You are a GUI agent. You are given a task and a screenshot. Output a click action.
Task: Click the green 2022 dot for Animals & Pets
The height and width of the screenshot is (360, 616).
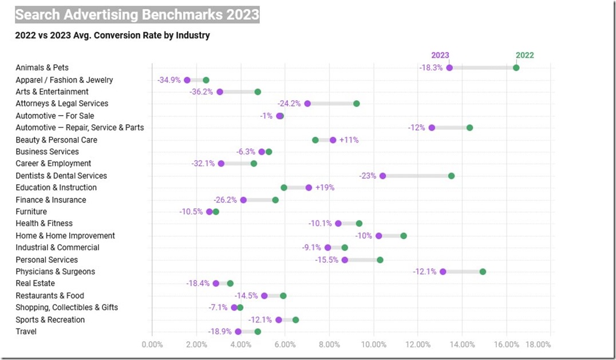(x=516, y=68)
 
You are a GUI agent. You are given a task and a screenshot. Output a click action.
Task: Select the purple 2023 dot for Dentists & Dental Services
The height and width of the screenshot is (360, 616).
(x=382, y=176)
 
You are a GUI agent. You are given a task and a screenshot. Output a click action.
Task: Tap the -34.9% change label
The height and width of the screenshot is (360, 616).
(x=168, y=80)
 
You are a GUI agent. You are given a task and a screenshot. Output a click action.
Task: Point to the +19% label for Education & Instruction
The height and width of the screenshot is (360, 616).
(x=325, y=188)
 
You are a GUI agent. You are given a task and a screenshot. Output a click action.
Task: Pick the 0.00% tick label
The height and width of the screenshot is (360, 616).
(x=152, y=345)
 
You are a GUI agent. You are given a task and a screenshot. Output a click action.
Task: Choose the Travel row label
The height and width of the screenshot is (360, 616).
(x=26, y=331)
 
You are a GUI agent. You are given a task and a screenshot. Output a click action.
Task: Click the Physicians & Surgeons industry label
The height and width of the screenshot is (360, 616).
(x=56, y=271)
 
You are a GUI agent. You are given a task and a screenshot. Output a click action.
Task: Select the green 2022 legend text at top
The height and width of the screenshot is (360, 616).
(x=524, y=56)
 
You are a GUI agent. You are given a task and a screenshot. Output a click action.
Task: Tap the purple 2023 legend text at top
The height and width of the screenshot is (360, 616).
(x=440, y=56)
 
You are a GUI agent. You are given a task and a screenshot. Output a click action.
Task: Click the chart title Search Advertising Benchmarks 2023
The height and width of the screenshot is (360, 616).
(x=137, y=14)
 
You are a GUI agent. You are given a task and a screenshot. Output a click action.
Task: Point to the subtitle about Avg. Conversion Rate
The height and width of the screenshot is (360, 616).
(x=113, y=35)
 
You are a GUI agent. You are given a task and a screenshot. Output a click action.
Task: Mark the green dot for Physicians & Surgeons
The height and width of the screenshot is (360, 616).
(x=483, y=271)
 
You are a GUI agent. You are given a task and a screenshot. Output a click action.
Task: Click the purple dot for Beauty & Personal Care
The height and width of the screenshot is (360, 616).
(x=333, y=140)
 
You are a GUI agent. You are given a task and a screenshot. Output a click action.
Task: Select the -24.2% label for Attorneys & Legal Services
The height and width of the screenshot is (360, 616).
(x=289, y=104)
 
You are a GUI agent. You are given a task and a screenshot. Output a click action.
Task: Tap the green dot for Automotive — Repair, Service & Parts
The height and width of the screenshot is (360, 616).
(x=469, y=128)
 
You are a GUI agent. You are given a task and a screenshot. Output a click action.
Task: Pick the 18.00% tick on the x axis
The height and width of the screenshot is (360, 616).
(x=538, y=345)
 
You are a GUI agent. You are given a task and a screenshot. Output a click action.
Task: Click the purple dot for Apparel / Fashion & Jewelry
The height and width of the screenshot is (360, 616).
(x=187, y=80)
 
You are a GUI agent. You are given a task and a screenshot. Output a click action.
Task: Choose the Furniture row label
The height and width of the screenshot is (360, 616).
(x=31, y=212)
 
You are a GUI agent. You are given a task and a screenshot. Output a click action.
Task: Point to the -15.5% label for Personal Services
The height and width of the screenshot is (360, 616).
(x=326, y=260)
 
